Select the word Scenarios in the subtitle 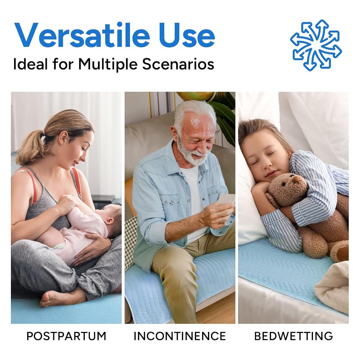[178, 64]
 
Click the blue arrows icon [316, 45]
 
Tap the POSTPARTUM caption [66, 336]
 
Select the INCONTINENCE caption [180, 336]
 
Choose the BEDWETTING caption [294, 336]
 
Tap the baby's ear [110, 221]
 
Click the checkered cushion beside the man [130, 239]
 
